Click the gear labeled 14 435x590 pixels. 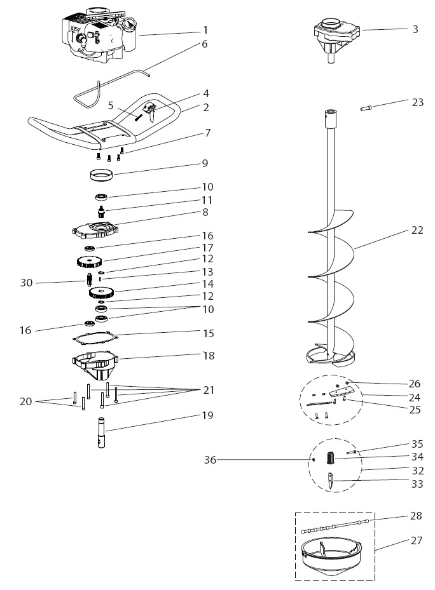[98, 293]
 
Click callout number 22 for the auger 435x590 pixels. [417, 230]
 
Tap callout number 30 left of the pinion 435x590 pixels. [26, 283]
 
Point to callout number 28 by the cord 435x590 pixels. [416, 515]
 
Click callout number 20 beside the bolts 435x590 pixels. [26, 401]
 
